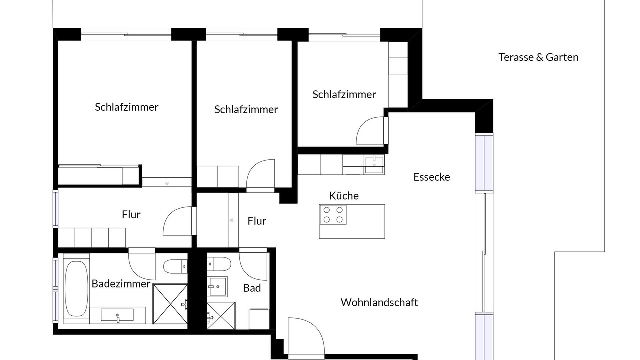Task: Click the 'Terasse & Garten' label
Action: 538,57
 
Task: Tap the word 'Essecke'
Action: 432,177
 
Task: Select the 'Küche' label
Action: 344,195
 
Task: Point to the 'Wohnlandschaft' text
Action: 379,302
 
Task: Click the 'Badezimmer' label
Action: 121,283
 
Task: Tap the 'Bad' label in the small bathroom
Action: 252,288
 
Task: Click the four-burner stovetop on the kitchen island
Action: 333,215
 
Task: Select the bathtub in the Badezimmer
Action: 76,289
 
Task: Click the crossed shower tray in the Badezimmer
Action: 170,304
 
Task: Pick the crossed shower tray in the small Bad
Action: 221,316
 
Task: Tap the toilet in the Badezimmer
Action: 175,266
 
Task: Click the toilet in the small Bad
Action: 219,264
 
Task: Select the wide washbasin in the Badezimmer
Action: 117,315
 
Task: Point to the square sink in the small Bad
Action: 217,287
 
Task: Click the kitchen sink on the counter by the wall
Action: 374,165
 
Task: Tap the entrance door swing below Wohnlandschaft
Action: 306,336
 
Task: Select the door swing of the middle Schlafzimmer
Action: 260,173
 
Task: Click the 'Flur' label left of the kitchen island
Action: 257,221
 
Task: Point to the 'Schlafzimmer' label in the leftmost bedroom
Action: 127,107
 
